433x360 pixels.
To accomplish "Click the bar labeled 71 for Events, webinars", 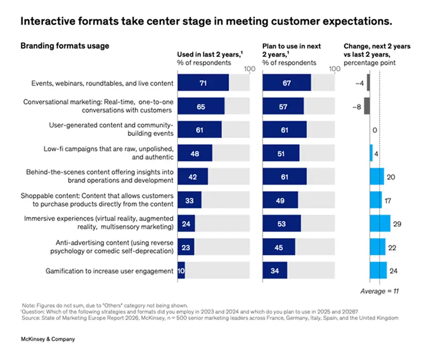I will click(203, 83).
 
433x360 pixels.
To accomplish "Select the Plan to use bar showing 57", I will click(283, 106).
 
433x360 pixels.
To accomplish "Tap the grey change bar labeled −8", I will click(367, 106).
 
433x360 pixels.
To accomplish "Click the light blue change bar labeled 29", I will click(380, 223).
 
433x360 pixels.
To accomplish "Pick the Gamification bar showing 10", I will click(181, 270).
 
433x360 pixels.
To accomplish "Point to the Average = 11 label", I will click(380, 291).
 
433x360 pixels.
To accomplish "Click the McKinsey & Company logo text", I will click(47, 339).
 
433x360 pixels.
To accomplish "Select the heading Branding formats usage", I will click(64, 45).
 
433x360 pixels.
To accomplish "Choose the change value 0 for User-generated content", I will click(374, 130).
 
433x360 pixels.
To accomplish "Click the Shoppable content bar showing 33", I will click(189, 200).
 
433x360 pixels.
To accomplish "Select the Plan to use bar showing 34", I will click(275, 270).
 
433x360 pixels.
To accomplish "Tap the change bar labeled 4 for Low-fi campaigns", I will click(371, 153).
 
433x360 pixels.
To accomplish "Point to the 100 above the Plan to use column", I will click(335, 69).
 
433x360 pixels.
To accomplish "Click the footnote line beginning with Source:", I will click(206, 317).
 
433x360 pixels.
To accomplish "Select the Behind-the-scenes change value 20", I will click(390, 177).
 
